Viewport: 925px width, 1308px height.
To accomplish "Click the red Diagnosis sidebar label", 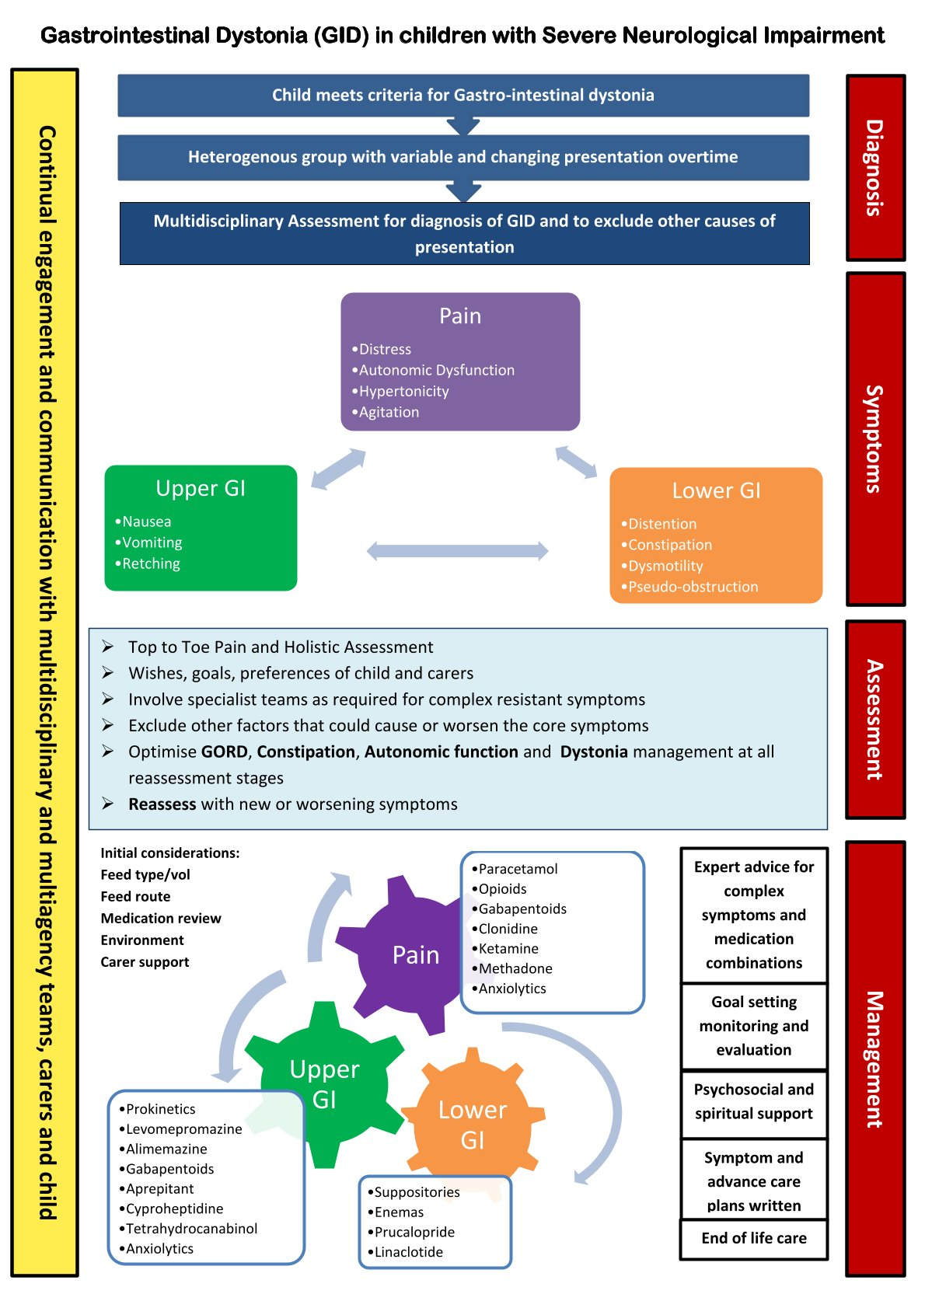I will pos(875,168).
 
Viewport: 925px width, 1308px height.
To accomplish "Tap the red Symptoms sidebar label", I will pos(875,439).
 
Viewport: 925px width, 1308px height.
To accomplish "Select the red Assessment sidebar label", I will pos(875,720).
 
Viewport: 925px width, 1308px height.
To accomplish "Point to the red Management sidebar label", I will pos(875,1059).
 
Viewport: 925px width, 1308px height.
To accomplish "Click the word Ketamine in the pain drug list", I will pos(508,949).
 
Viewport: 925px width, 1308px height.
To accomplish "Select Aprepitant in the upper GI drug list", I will pos(159,1189).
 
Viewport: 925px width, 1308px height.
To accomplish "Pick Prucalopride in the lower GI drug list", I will pos(414,1233).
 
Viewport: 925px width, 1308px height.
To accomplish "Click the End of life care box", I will pos(754,1239).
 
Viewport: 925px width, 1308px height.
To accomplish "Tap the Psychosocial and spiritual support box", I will pos(754,1102).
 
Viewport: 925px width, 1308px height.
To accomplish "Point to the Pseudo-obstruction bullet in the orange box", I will pos(693,588).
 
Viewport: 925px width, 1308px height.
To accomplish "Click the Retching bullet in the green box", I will pos(151,564).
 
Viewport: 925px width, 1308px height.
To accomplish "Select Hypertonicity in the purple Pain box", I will pos(403,392).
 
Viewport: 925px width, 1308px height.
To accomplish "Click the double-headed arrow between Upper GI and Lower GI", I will pos(457,552).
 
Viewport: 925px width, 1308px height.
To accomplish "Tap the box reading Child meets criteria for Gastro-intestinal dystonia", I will pos(463,96).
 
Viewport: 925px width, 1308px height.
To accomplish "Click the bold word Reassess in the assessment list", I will pos(162,804).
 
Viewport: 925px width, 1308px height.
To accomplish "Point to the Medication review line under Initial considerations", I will pos(161,919).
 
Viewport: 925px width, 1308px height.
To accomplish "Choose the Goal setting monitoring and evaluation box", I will pos(754,1026).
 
